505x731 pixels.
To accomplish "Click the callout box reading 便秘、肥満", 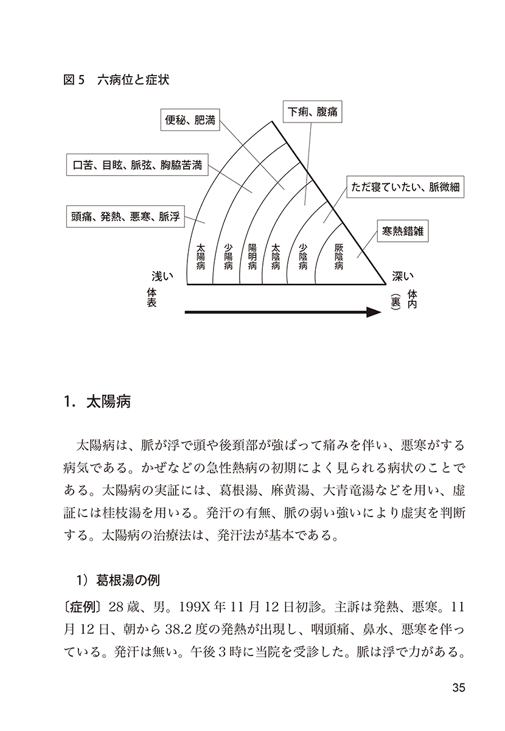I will click(190, 120).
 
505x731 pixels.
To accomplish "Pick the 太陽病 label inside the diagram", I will click(201, 256).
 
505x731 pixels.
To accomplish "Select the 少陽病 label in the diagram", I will click(228, 256).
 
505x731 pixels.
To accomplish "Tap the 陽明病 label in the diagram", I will click(252, 256).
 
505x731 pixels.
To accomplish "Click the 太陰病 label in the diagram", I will click(276, 256).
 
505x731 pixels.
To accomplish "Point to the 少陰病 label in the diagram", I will click(303, 256).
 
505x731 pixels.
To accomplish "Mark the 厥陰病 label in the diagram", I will click(340, 256).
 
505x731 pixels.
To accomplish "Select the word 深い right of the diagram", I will click(402, 277).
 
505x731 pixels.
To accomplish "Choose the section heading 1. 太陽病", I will click(97, 403).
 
